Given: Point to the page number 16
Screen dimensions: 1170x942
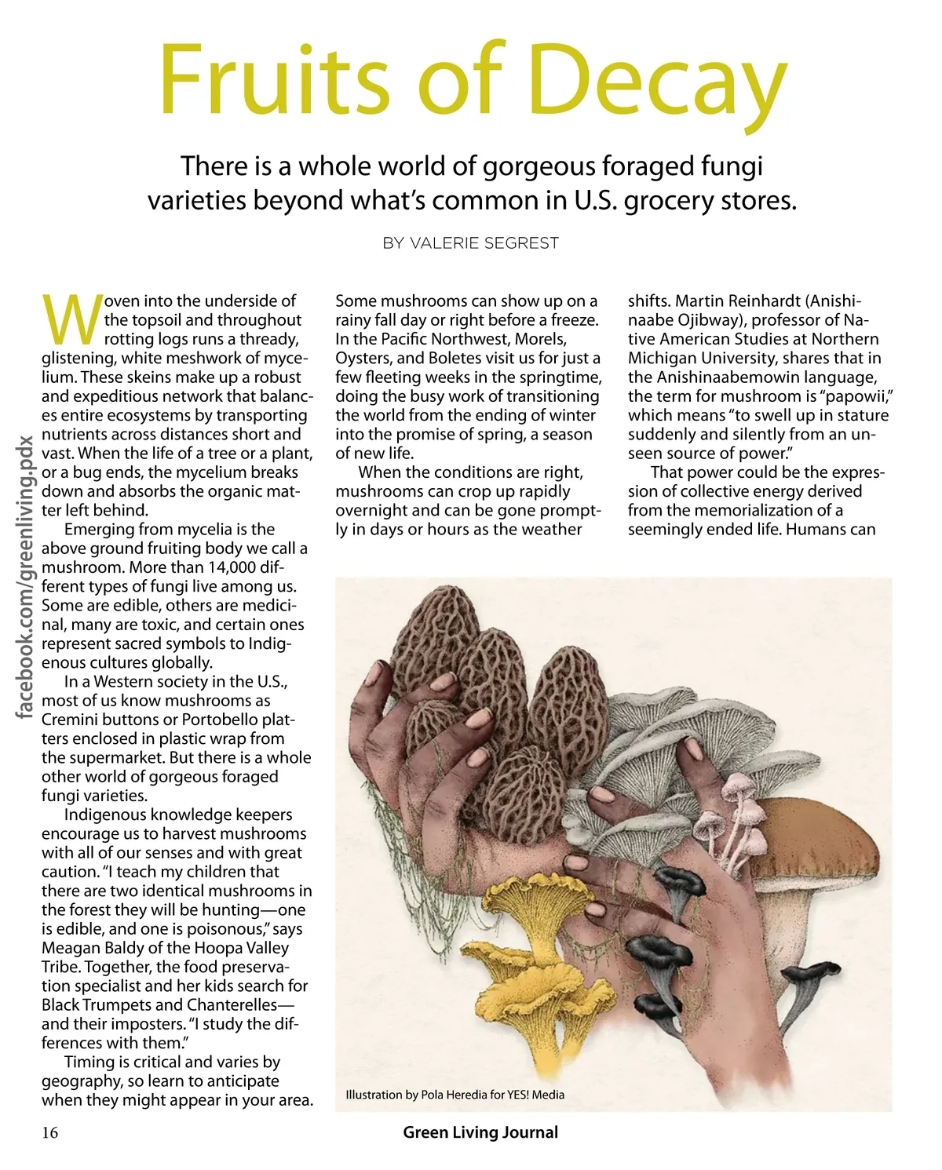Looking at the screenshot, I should [x=50, y=1132].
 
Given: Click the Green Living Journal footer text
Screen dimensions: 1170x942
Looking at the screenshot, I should [x=480, y=1132].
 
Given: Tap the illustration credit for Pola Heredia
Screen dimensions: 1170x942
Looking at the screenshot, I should [x=455, y=1095].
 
